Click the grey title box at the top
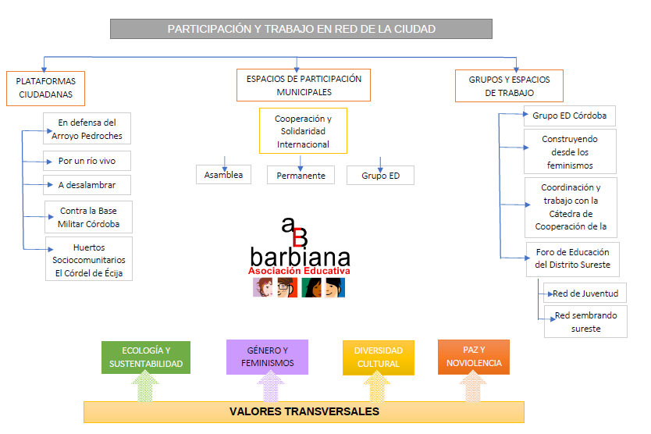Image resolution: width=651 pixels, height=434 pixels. tap(301, 29)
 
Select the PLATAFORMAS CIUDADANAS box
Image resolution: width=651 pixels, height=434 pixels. tap(45, 87)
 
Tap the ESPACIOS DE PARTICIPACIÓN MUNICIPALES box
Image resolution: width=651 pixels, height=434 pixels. tap(304, 85)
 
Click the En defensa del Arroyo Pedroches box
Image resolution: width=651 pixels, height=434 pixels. tap(87, 129)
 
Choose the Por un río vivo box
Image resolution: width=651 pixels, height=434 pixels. tap(87, 162)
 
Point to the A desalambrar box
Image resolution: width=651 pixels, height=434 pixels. tap(87, 185)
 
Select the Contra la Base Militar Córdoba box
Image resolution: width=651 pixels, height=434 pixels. tap(88, 217)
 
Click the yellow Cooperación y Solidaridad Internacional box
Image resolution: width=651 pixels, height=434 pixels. tap(303, 131)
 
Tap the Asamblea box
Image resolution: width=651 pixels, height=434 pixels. tap(223, 175)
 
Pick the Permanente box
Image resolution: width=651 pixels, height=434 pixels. tap(301, 176)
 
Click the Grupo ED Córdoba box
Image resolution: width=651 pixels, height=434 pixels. tap(569, 116)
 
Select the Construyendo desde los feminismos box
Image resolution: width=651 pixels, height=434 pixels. tap(570, 151)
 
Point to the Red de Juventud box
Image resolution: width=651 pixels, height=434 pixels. tap(585, 293)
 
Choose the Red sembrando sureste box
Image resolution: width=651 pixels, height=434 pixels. tap(585, 322)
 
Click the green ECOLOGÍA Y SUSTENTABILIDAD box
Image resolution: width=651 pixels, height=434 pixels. tap(146, 358)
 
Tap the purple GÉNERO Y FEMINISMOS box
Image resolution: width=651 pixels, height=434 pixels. tap(267, 358)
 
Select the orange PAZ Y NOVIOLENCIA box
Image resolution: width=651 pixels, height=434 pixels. tap(473, 356)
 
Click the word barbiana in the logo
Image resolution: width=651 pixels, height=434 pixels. tap(300, 256)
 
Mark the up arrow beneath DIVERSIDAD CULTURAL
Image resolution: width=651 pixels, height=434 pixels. tap(377, 387)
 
